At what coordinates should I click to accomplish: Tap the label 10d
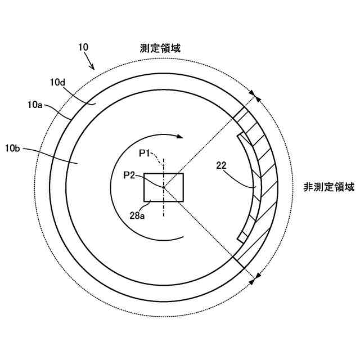coord(58,83)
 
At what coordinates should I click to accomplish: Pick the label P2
coord(129,175)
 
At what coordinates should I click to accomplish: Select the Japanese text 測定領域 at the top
coord(160,48)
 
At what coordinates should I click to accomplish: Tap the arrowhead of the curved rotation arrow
coord(179,136)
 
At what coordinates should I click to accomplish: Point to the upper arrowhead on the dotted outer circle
coord(256,97)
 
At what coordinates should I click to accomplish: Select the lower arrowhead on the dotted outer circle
coord(256,276)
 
